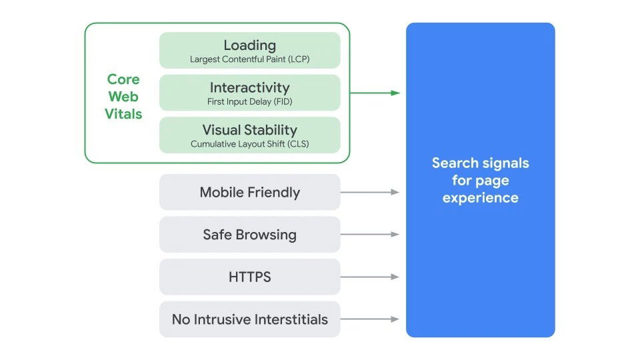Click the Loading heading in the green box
pos(249,45)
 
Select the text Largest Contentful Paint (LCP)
pos(249,59)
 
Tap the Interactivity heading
pos(249,87)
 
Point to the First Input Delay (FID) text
pos(249,102)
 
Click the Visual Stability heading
pos(249,130)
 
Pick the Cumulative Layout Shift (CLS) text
pos(249,144)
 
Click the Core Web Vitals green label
pos(123,97)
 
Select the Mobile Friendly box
pos(249,193)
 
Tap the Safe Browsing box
pos(249,235)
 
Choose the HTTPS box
pos(249,277)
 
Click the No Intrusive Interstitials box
pos(249,319)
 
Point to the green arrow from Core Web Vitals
pos(375,93)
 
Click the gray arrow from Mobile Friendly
pos(370,192)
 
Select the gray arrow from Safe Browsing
pos(370,235)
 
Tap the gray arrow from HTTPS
pos(370,277)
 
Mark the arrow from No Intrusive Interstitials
pos(370,319)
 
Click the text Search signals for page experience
pos(480,180)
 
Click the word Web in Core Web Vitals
pos(123,97)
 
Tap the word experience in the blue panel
pos(480,198)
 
